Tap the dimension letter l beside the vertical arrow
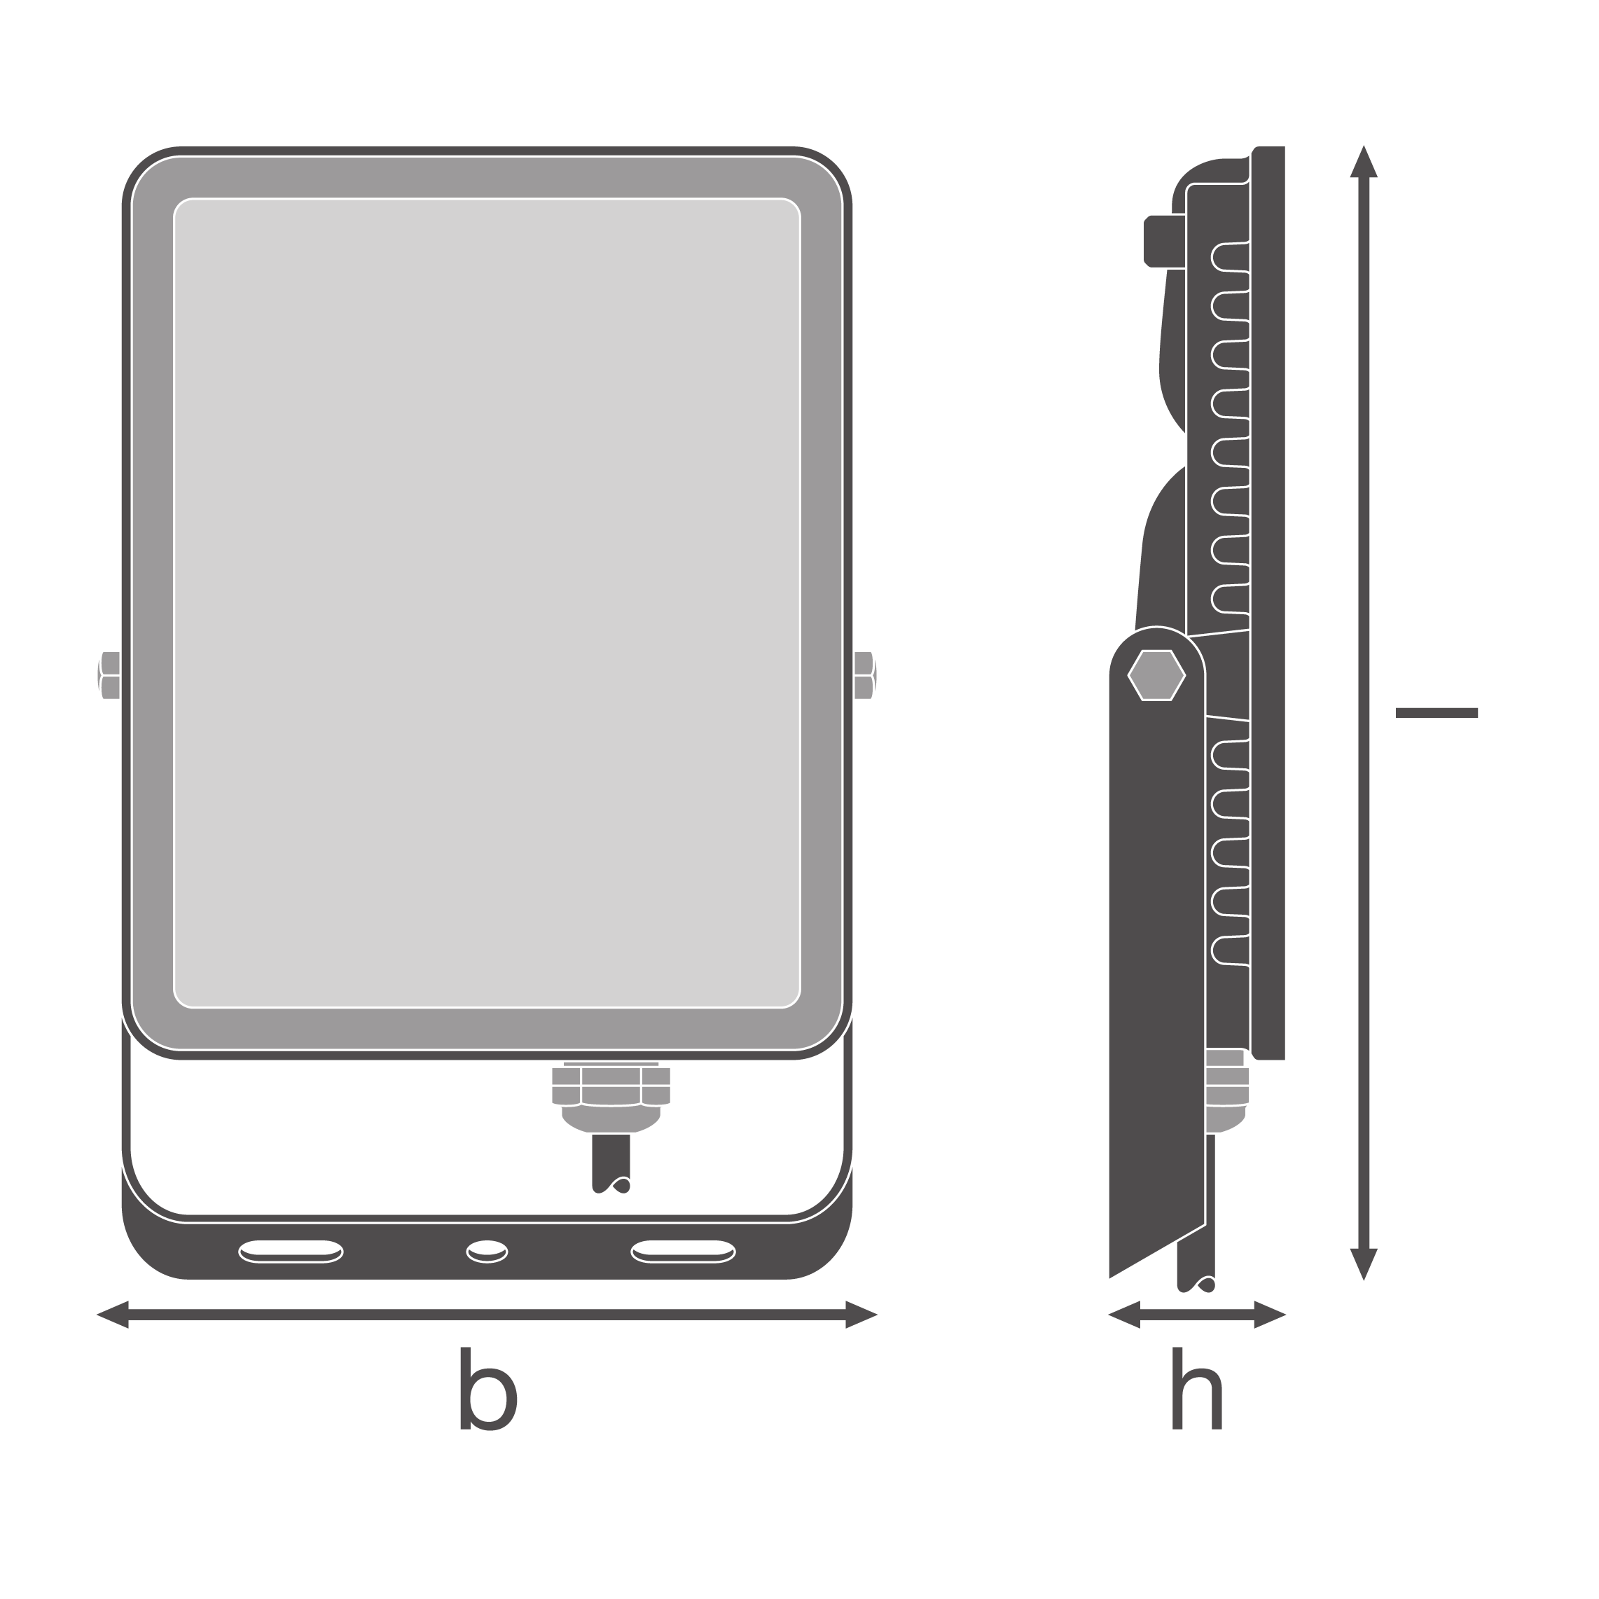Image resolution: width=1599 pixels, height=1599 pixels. [1436, 712]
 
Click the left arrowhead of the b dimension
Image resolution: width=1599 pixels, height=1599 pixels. [113, 1315]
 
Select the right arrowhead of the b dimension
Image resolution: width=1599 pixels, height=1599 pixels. [861, 1315]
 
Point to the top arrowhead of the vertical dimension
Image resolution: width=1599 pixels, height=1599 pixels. [1363, 161]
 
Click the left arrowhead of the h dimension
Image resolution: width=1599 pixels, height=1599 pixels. [1124, 1315]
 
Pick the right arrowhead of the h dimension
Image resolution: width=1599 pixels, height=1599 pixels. [1270, 1315]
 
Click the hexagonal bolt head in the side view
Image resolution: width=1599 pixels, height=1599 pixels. [1156, 675]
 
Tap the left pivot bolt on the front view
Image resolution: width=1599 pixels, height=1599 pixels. [109, 675]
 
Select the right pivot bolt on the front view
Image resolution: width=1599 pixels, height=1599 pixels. [866, 675]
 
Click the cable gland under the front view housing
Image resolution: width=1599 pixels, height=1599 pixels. [611, 1098]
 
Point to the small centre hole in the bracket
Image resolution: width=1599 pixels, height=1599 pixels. [487, 1252]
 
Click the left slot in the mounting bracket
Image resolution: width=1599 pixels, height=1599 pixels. [291, 1252]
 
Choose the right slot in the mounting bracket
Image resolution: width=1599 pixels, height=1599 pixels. [683, 1252]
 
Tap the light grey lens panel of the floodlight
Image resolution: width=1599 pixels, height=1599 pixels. [487, 603]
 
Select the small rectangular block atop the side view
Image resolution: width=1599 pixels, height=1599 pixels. [1165, 241]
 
